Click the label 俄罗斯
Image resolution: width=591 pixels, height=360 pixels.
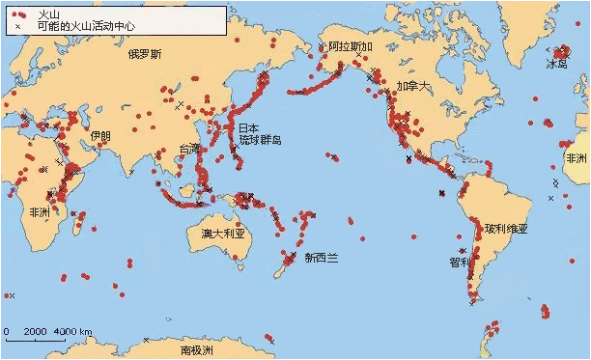[144, 54]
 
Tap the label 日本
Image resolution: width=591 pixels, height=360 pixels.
[248, 127]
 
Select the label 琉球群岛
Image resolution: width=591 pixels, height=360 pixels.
[261, 140]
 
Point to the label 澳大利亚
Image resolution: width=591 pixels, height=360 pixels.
[221, 234]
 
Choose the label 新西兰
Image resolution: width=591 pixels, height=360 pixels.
[321, 258]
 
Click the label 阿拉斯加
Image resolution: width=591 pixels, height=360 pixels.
[349, 46]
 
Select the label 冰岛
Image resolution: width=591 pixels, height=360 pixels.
[557, 64]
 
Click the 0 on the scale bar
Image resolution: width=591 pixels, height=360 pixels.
[7, 332]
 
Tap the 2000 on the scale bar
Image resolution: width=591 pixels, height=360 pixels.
[35, 332]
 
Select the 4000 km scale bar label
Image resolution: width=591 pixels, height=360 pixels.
[73, 332]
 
